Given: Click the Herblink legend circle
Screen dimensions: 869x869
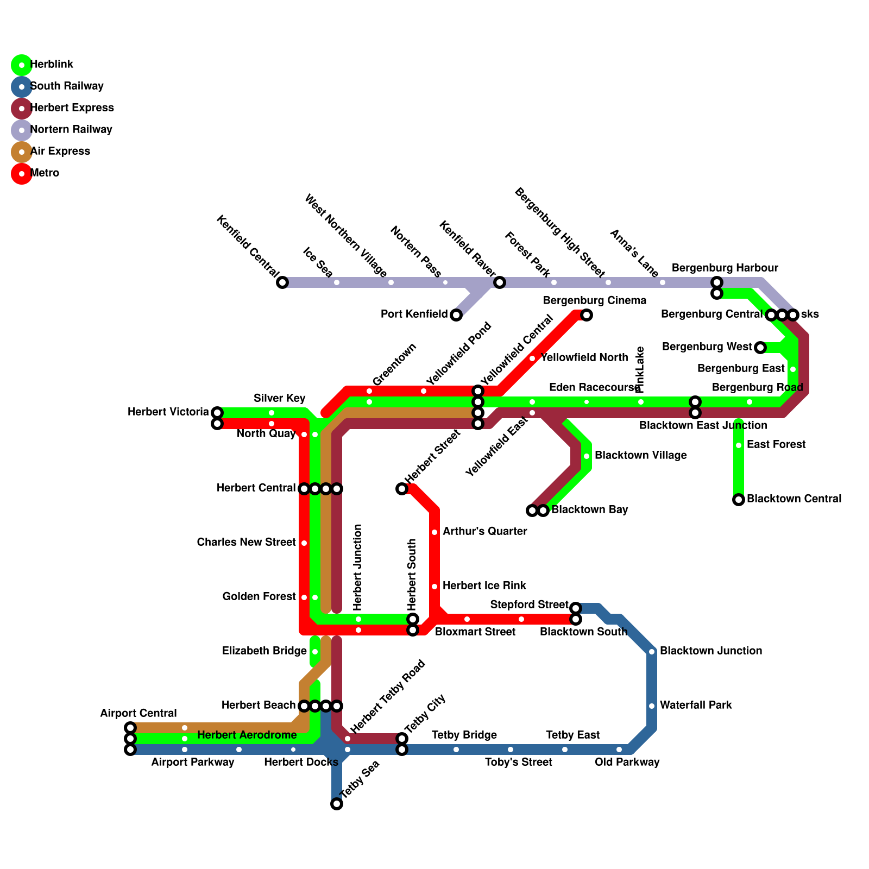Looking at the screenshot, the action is click(21, 65).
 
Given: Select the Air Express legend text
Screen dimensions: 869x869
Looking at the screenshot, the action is click(60, 151).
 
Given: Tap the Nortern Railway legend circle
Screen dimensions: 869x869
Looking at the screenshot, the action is click(21, 130).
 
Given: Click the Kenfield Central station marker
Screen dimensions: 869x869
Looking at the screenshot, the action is click(282, 282).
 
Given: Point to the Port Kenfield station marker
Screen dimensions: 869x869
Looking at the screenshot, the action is click(456, 315).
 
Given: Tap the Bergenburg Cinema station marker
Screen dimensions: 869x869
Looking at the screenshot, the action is click(587, 315).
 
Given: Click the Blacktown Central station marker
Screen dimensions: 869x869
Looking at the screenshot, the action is click(739, 500).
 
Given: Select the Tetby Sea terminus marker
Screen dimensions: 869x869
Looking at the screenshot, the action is click(337, 804).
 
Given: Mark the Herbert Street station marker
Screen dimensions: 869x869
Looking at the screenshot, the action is click(402, 489).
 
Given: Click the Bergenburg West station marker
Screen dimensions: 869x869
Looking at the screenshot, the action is click(760, 348).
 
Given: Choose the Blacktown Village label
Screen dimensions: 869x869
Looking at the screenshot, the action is click(641, 455).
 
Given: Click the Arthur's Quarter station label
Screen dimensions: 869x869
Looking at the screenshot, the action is click(485, 531).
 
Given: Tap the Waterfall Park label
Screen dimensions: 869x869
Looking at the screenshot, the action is click(696, 705).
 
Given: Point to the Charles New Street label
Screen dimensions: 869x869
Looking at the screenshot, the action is click(247, 542).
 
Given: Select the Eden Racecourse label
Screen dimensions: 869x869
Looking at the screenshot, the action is click(595, 388).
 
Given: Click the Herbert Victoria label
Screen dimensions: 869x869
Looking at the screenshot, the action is click(168, 412).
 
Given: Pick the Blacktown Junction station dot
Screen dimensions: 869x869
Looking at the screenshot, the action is click(652, 652).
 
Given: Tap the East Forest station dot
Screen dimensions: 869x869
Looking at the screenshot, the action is click(739, 445).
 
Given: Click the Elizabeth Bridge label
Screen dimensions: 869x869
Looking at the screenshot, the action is click(265, 651).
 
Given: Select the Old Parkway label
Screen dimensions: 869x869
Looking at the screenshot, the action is click(627, 762).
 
